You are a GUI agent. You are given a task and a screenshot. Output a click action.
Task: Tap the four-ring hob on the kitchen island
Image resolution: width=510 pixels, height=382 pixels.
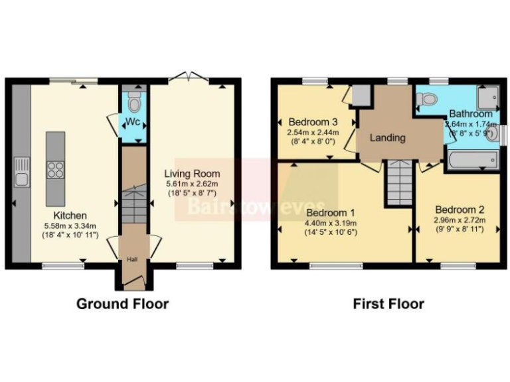55,170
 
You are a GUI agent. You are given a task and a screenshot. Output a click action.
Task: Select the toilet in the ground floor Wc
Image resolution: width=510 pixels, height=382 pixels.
134,103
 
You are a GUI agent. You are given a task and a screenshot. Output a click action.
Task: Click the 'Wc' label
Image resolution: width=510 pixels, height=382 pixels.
134,123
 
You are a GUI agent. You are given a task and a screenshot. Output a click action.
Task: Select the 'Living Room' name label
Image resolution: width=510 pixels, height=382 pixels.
192,174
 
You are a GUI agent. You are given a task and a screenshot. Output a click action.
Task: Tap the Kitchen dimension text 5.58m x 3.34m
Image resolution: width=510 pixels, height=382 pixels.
70,225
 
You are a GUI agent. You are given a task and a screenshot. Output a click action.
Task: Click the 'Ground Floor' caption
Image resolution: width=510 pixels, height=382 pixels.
122,304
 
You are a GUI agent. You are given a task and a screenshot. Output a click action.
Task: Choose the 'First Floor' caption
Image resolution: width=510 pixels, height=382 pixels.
388,304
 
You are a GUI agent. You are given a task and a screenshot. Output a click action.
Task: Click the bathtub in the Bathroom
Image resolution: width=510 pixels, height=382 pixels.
471,160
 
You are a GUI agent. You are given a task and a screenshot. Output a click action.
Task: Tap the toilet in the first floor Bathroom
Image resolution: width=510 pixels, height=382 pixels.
428,100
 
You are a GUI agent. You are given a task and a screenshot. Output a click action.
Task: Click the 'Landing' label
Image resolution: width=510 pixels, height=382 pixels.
387,138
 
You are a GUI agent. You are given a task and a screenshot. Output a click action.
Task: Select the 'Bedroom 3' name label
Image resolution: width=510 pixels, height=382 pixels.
313,122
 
